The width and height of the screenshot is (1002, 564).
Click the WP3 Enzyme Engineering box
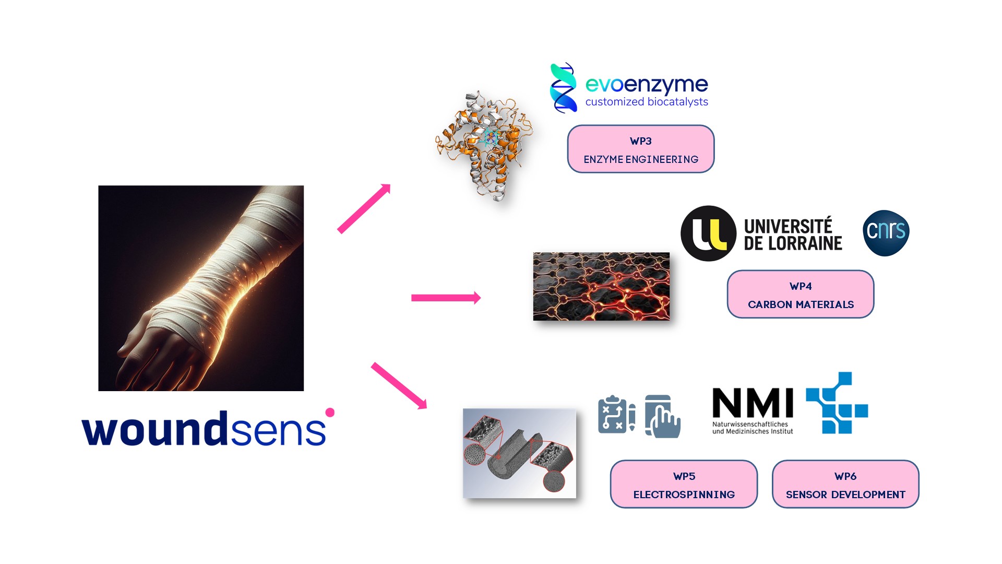[x=640, y=149]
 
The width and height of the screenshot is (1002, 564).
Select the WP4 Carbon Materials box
[x=800, y=294]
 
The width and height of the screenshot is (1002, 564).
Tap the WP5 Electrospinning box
[x=684, y=484]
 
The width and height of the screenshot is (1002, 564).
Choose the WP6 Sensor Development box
[x=845, y=484]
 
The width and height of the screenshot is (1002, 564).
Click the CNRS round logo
[x=886, y=233]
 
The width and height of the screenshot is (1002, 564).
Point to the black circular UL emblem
[x=708, y=233]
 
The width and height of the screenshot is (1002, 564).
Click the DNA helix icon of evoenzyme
[x=563, y=88]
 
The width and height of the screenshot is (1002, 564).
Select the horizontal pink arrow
[x=446, y=298]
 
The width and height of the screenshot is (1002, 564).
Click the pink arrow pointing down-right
[x=399, y=385]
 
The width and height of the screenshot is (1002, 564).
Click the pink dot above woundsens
[x=330, y=413]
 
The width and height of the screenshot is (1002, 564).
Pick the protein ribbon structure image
[x=484, y=145]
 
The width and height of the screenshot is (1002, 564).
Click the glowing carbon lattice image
[x=601, y=286]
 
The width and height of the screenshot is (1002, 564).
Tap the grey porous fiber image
[x=519, y=453]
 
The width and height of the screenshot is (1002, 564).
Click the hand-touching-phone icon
[x=662, y=416]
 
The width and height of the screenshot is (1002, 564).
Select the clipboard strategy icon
[x=616, y=415]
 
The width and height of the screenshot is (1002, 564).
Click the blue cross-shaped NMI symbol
[x=837, y=403]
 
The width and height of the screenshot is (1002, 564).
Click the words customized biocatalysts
[x=646, y=102]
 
